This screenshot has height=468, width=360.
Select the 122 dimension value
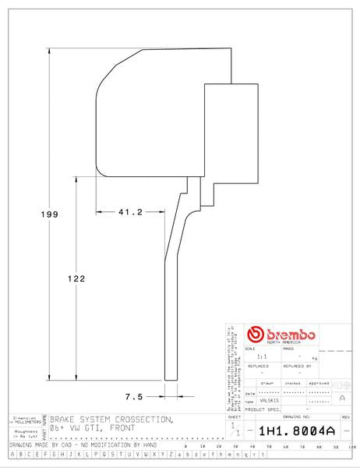[x=76, y=278]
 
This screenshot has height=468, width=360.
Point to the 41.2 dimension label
[x=129, y=212]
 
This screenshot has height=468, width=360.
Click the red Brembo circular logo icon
[x=252, y=334]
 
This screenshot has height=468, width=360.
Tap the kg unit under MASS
[x=315, y=357]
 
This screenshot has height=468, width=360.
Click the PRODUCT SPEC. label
[x=263, y=409]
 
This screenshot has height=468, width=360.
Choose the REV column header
[x=346, y=418]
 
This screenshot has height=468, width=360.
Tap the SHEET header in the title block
[x=235, y=417]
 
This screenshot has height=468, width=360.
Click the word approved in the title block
[x=319, y=383]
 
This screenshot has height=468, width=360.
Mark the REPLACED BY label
[x=298, y=365]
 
